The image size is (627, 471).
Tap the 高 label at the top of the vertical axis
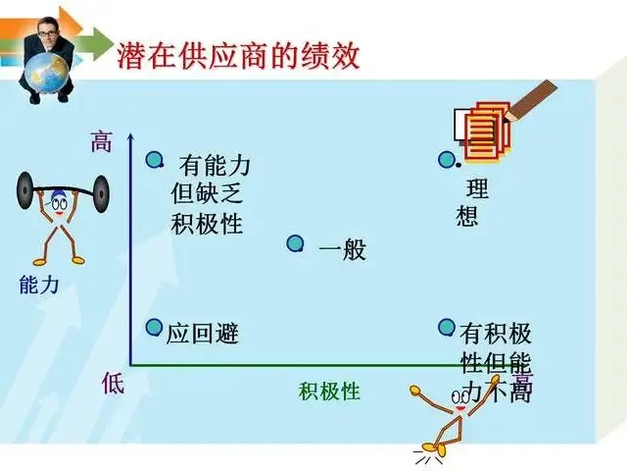tap(101, 142)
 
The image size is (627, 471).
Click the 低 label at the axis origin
tap(114, 384)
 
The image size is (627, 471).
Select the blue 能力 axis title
tap(39, 285)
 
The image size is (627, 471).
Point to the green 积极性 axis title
tap(330, 392)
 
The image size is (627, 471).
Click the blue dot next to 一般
tap(295, 243)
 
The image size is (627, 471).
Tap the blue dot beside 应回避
tap(154, 328)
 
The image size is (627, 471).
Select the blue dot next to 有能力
tap(154, 160)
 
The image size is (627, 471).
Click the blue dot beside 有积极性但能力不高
tap(447, 328)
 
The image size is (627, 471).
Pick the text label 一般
tap(342, 250)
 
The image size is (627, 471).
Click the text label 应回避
tap(203, 334)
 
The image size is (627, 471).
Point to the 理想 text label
tap(471, 202)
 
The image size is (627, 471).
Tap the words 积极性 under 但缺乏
tap(207, 224)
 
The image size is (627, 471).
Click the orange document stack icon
tap(485, 131)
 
